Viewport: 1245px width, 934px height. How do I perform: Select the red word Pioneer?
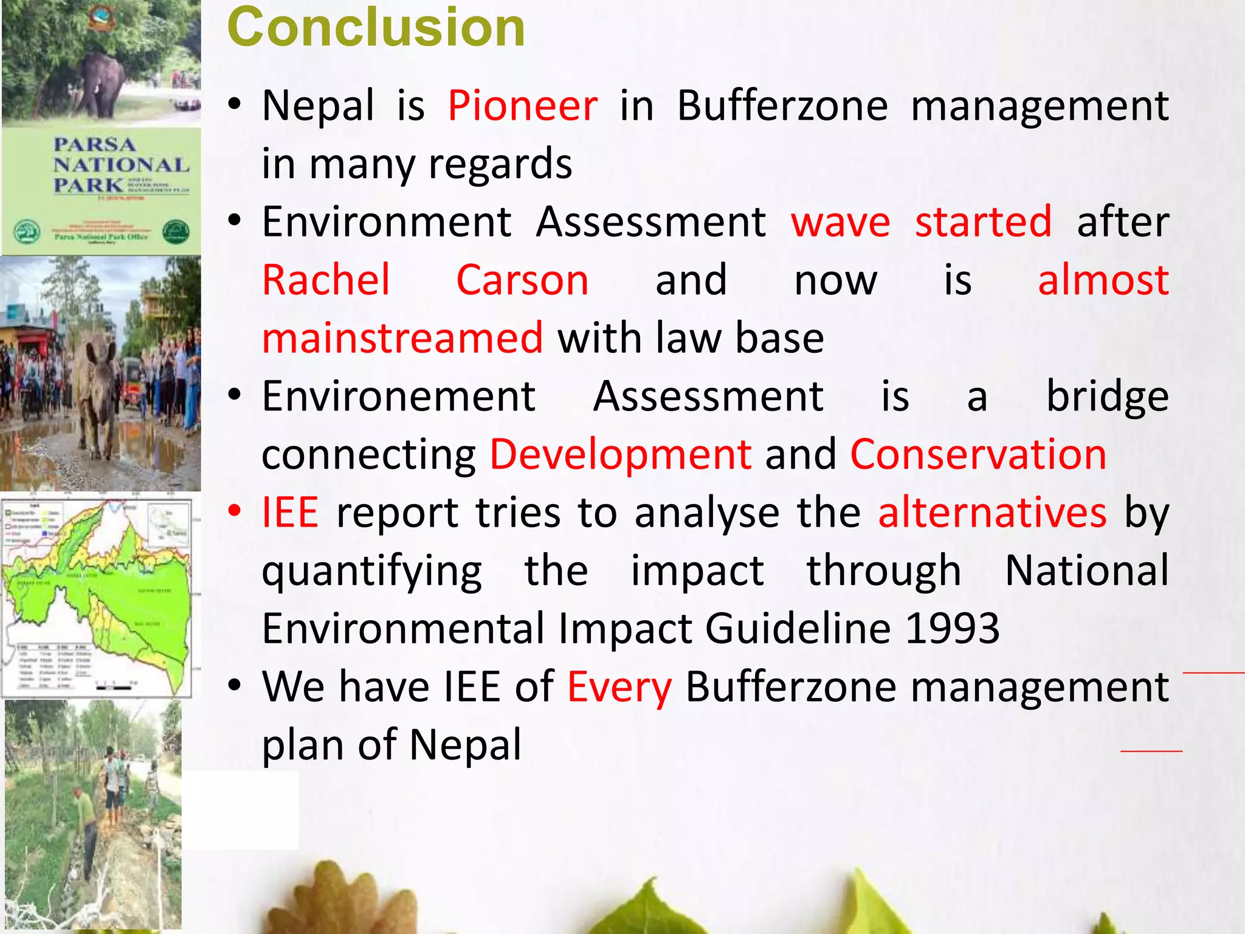click(523, 106)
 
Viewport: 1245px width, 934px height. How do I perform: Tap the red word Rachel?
click(326, 280)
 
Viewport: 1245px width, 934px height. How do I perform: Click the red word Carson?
click(522, 280)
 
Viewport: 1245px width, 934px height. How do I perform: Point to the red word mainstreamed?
click(402, 339)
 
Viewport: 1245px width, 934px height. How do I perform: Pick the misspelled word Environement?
click(399, 396)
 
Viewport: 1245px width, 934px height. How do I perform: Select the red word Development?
click(621, 454)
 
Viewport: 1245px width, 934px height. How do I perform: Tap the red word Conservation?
click(978, 454)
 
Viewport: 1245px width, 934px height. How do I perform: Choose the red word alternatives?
click(992, 513)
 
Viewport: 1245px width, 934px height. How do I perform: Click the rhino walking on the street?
click(97, 389)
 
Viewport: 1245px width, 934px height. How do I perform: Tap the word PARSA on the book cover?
click(94, 145)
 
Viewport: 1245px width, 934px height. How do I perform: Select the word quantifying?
click(372, 572)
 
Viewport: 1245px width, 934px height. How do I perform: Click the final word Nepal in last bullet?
click(465, 745)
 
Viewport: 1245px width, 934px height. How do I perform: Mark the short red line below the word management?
click(1151, 752)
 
